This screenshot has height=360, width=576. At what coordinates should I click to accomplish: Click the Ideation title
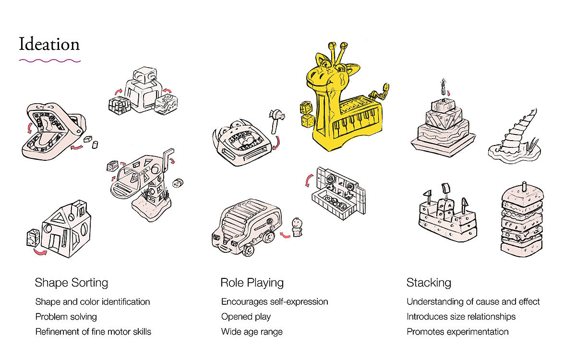pos(49,44)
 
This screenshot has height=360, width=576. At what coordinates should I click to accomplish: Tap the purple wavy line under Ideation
pos(49,61)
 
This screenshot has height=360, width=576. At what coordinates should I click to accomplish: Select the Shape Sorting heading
pos(71,282)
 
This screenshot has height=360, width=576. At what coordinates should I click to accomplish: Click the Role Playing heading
pos(252,282)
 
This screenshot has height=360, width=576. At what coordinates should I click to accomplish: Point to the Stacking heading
pos(429,282)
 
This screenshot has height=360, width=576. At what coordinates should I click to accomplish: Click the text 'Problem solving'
pos(66,317)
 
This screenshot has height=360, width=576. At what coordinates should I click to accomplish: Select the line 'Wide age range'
pos(252,332)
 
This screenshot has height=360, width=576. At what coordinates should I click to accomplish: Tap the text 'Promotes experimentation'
pos(457,332)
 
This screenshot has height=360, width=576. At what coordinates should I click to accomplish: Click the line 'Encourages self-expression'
pos(275,302)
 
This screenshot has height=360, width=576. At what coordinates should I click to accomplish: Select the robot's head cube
pos(145,74)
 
